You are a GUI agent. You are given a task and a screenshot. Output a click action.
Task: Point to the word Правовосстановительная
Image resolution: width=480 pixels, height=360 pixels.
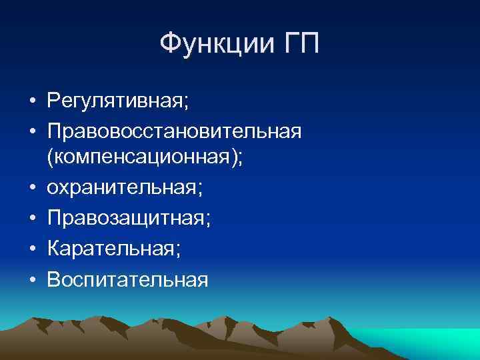click(174, 131)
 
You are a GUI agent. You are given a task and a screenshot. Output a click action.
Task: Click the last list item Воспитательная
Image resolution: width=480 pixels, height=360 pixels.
click(127, 279)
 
